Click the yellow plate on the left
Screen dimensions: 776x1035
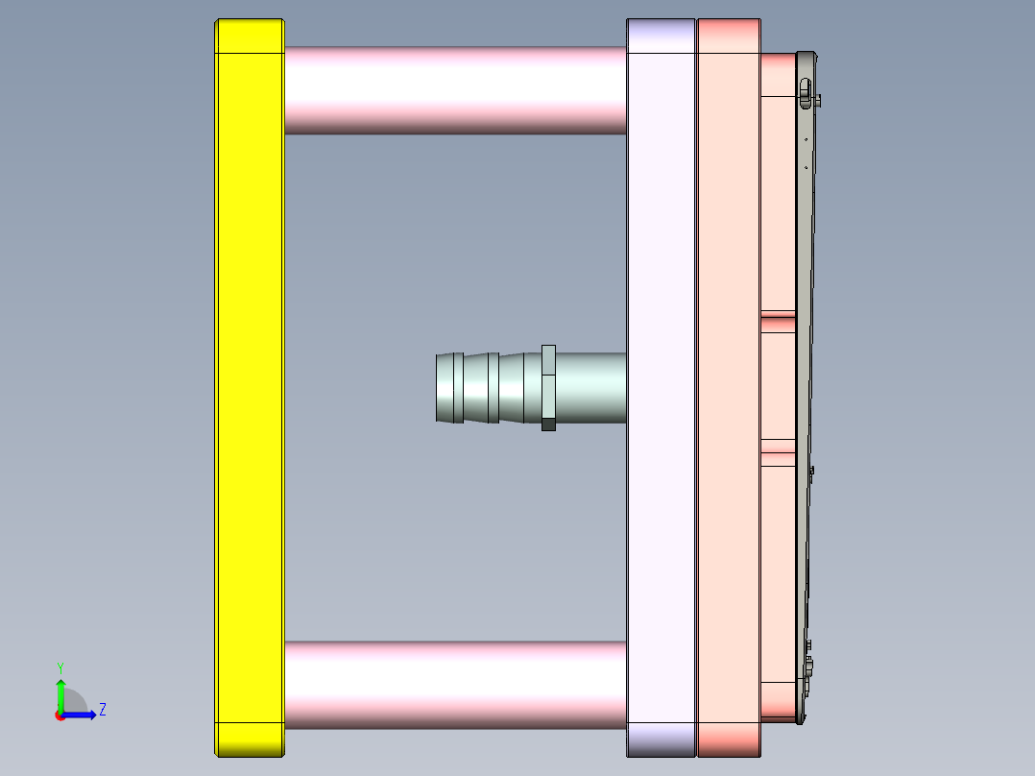249,384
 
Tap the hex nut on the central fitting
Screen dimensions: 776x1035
548,387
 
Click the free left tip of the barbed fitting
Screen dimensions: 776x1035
440,388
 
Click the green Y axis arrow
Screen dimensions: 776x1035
60,691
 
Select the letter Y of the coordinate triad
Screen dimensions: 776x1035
60,667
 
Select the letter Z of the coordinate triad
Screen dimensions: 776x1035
102,710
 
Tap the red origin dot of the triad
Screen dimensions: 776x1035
60,715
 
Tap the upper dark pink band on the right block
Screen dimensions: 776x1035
778,314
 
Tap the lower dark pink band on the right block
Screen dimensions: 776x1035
778,447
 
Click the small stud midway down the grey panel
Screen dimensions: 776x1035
812,472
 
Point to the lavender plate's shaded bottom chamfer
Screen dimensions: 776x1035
661,740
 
